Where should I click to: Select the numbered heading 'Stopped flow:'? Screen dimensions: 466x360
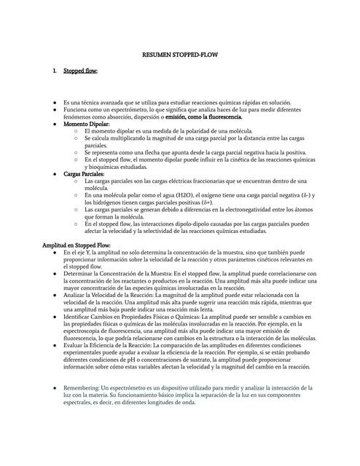tap(80, 71)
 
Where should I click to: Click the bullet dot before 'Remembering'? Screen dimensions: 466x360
tap(55, 388)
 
